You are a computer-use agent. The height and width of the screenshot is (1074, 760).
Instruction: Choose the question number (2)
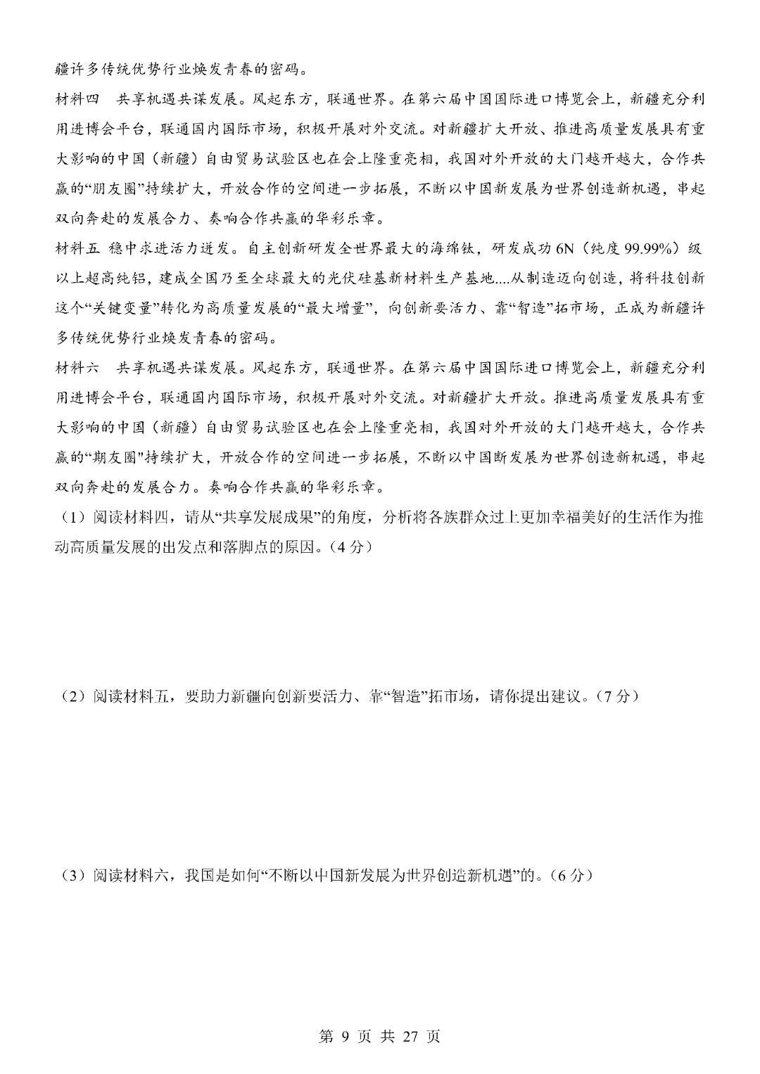73,696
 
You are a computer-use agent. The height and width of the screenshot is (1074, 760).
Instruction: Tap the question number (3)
73,876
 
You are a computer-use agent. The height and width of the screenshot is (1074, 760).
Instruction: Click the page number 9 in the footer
345,1036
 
